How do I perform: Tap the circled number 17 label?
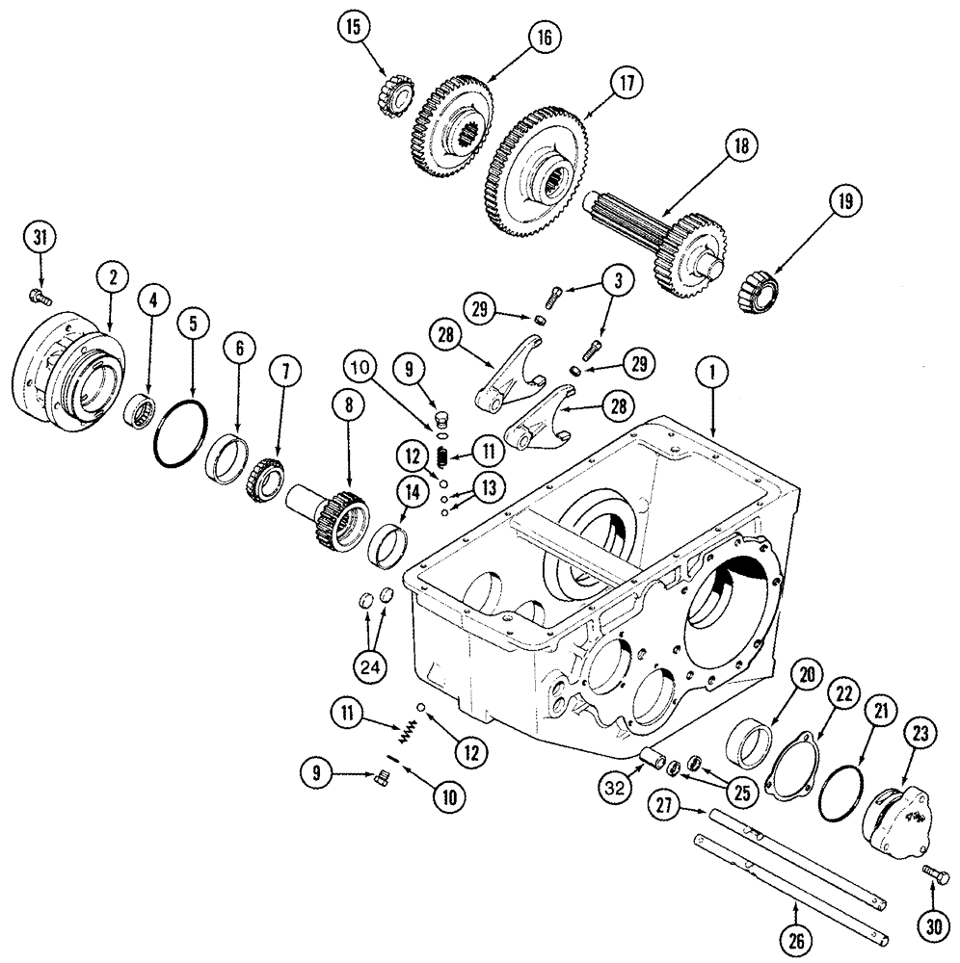coord(627,84)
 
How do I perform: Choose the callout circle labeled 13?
coord(490,489)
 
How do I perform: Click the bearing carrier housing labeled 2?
coord(66,360)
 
